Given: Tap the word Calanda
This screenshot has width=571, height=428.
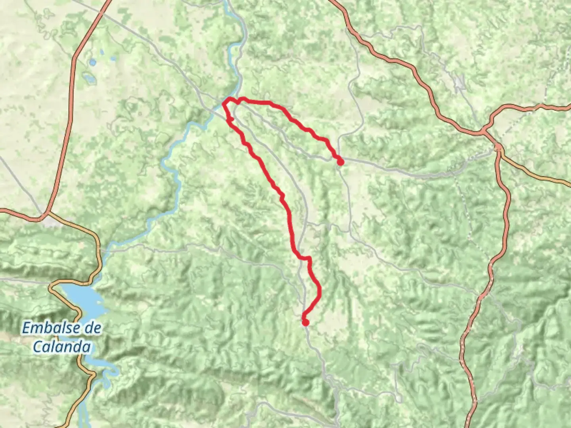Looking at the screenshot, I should [x=61, y=347].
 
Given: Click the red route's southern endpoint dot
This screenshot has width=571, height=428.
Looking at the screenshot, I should [x=305, y=323].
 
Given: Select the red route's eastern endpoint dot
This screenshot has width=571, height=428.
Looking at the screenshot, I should [x=340, y=162].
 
